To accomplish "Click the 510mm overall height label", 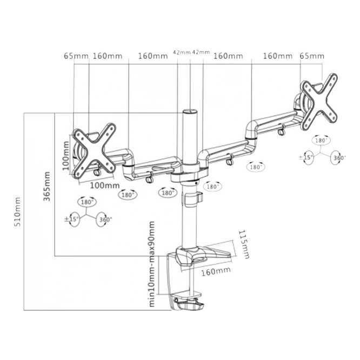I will point(18,211).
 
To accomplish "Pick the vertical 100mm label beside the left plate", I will point(66,155).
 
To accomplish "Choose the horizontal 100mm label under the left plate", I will point(104,185).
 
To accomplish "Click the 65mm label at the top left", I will point(76,56).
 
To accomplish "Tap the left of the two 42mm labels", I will point(181,52).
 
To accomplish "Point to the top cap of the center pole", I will point(190,112).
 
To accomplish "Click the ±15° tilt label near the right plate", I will point(306,158).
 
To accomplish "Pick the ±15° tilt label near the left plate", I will point(72,219).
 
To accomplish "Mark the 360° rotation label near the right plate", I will point(339,158).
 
